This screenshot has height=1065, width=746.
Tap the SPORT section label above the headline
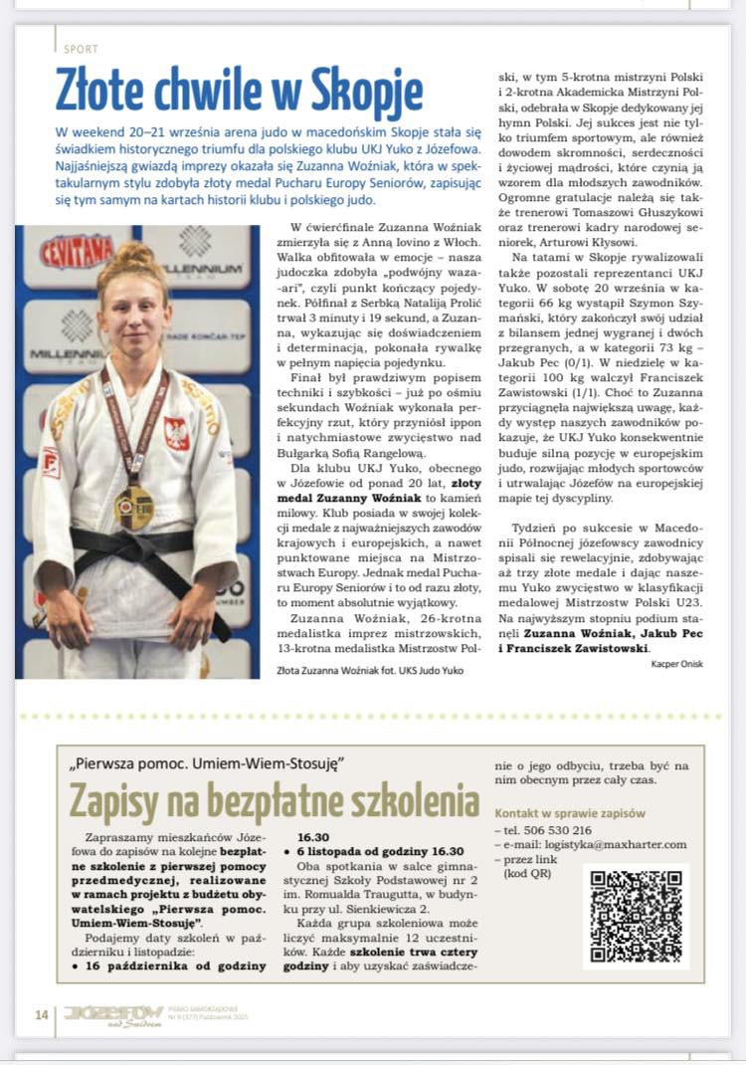tap(80, 48)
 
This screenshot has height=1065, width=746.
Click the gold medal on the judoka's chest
tap(133, 507)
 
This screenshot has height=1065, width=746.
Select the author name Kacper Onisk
tap(676, 664)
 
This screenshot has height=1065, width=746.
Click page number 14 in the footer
tap(41, 1014)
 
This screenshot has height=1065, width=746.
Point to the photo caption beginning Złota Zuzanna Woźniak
tap(369, 670)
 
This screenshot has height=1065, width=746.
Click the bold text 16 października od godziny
tap(168, 964)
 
